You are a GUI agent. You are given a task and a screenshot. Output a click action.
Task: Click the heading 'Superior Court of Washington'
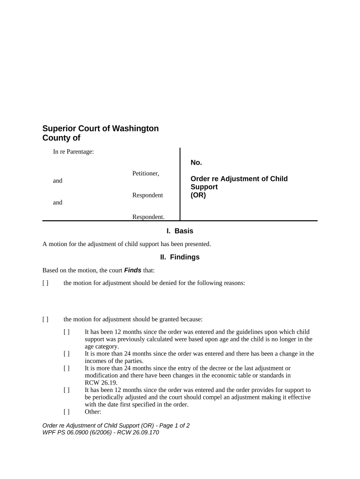pos(101,128)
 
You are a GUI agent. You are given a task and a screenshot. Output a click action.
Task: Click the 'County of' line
pos(61,138)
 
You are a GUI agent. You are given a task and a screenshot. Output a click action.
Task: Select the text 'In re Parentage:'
pos(74,152)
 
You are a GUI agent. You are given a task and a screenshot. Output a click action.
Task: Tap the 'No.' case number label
pos(196,162)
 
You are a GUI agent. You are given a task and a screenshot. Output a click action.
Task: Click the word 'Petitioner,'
pos(146,174)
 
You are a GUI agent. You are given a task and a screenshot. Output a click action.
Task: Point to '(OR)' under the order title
pos(198,196)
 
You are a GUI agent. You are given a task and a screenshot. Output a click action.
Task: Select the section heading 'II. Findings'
pos(180,257)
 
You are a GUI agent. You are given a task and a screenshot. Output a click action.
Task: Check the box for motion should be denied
pos(45,283)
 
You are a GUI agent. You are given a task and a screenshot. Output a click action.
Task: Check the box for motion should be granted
pos(45,319)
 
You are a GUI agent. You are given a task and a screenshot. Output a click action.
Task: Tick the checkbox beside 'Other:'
pos(66,412)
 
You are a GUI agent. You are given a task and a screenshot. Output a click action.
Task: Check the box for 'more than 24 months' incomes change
pos(66,354)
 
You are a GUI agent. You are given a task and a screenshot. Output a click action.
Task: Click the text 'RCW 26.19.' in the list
pos(101,382)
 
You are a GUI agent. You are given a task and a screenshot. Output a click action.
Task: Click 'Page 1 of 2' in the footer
pos(169,426)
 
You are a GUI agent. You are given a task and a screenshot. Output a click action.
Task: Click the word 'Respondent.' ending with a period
pos(148,217)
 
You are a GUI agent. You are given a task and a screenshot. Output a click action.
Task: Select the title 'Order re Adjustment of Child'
pos(239,179)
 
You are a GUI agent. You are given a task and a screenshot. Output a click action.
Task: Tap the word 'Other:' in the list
pos(93,412)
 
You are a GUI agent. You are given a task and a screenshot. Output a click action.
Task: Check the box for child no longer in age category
pos(66,332)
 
